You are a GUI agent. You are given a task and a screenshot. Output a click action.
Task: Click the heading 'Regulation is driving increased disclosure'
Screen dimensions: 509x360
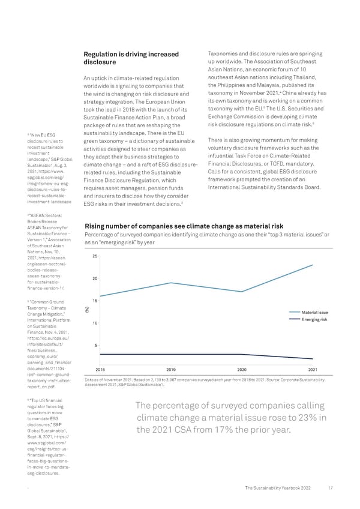click(x=131, y=59)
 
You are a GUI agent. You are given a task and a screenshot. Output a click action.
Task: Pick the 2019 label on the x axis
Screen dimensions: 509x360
click(x=171, y=369)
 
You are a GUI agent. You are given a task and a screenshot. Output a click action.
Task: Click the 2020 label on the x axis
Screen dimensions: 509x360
click(x=242, y=369)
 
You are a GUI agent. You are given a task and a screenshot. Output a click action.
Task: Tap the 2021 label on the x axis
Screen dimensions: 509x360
click(x=313, y=369)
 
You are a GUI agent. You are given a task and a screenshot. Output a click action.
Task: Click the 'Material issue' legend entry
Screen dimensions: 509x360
click(x=314, y=312)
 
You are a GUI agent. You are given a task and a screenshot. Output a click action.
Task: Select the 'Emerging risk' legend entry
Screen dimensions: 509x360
click(x=314, y=319)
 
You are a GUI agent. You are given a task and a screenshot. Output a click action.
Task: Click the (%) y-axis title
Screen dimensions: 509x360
click(x=88, y=310)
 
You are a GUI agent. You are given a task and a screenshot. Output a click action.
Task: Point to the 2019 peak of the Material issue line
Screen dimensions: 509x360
click(x=171, y=283)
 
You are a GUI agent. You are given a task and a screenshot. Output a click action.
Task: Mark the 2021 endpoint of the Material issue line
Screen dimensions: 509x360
click(x=313, y=265)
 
